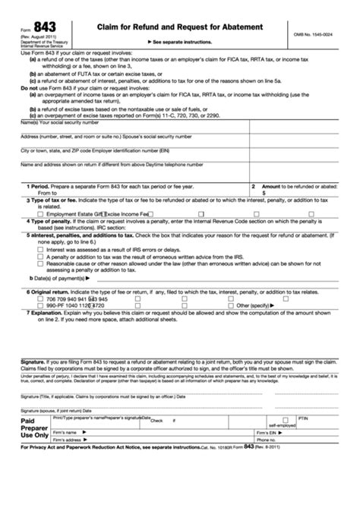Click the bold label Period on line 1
[40, 185]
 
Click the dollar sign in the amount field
[263, 193]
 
